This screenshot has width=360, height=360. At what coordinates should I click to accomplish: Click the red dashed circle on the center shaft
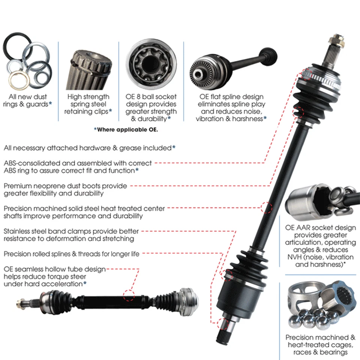[x=266, y=207]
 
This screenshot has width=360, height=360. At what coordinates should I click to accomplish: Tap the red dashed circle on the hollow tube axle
[x=129, y=296]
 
